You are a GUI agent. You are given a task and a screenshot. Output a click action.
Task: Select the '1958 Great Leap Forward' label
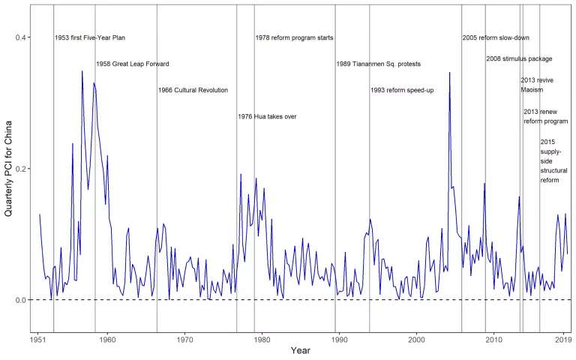pos(133,64)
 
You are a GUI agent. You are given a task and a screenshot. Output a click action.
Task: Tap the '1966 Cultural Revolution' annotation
pos(193,91)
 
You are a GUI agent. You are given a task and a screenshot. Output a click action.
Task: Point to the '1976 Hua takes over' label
pos(267,117)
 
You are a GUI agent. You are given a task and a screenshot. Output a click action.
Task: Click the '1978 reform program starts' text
pos(294,38)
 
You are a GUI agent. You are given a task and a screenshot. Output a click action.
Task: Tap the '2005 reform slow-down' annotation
pos(496,38)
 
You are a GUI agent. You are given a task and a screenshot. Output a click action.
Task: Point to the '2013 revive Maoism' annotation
pos(537,85)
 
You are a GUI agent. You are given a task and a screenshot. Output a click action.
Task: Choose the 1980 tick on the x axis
pos(262,340)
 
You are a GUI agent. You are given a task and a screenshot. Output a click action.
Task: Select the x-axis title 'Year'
pos(300,351)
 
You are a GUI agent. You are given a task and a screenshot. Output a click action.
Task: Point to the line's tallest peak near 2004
pos(449,73)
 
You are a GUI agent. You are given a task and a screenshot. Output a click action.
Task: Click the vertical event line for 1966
pos(157,187)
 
